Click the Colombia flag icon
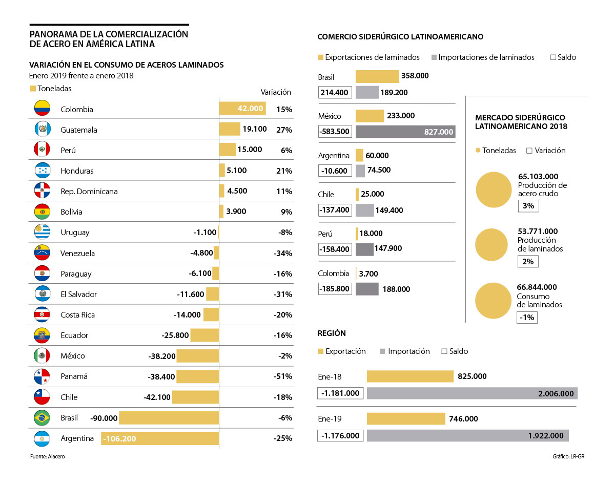pos(42,109)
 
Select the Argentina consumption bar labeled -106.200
pos(160,438)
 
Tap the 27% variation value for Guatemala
pos(284,130)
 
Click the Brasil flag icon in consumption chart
pos(42,418)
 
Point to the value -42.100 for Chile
pos(157,397)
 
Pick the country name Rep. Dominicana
pos(89,192)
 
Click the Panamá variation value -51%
pos(283,376)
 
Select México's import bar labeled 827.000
pos(405,132)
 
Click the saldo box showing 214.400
pos(335,93)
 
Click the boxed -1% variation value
pos(527,318)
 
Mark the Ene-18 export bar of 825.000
pos(410,376)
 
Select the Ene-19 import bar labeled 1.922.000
pos(467,435)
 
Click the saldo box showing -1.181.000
pos(340,393)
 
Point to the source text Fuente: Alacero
pos(48,456)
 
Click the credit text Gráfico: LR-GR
pos(568,456)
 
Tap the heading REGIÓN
pos(332,333)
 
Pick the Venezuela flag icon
pos(42,253)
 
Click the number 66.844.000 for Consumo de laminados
pos(537,287)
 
